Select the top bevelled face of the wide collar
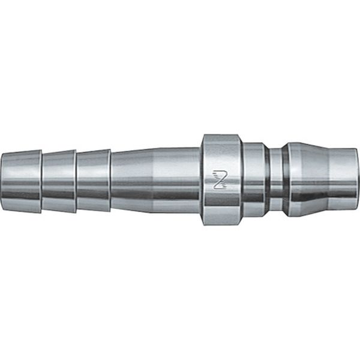(x=223, y=139)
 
